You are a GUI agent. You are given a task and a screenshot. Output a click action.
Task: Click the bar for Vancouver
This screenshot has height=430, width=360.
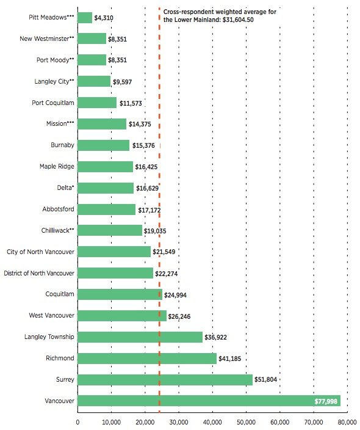209,401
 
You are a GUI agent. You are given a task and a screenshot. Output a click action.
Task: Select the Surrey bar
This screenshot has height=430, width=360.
165,379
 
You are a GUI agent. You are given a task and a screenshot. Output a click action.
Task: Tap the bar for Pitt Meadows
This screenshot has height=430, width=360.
85,18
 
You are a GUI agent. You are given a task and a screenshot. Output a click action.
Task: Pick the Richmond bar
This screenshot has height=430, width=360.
147,359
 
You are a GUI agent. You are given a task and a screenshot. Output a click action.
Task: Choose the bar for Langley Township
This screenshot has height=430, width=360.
140,337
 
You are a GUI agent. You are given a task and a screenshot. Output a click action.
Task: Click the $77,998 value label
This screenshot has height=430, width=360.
326,401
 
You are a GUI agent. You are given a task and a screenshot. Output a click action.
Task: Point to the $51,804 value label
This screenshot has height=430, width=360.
266,379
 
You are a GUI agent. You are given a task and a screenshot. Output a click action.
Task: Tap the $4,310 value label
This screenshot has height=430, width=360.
104,18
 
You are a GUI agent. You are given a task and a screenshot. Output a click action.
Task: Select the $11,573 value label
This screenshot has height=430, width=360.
131,103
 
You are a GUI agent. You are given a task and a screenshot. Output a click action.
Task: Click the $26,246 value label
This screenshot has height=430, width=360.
179,317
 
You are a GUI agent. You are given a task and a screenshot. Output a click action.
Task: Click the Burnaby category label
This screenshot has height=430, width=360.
62,145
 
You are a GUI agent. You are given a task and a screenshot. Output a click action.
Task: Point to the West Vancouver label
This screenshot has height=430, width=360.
51,315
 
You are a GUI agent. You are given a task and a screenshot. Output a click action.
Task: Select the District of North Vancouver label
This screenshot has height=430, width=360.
39,273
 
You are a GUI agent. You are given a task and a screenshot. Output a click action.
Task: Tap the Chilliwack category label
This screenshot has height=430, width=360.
57,230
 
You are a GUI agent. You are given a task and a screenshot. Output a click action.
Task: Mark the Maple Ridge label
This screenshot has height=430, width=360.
57,167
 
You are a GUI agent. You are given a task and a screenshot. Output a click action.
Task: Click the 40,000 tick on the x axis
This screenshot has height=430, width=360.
212,422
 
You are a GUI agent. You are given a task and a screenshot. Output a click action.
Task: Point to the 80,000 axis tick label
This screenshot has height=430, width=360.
347,422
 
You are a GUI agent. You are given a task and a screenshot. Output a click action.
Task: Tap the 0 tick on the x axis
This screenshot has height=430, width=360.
78,422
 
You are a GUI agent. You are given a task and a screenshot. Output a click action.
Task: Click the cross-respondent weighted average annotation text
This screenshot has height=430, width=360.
220,16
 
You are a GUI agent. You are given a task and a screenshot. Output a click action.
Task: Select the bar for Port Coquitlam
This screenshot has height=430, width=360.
97,103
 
